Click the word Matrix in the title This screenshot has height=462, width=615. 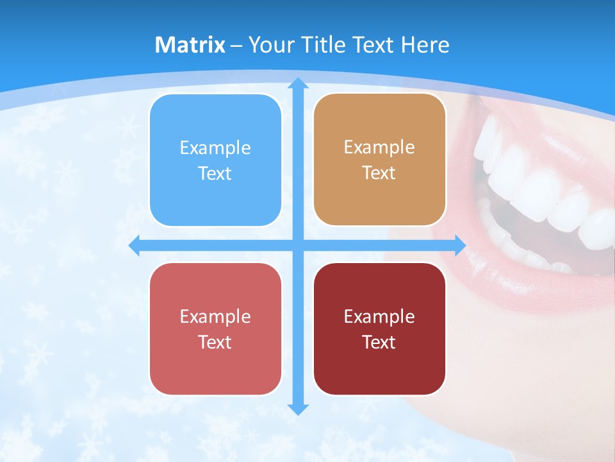coord(190,45)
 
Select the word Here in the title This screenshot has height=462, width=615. coord(425,45)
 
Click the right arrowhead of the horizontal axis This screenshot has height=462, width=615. coord(459,245)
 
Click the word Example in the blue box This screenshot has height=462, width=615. coord(215,148)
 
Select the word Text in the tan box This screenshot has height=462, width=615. coord(379,173)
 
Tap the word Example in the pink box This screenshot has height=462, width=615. coord(215,316)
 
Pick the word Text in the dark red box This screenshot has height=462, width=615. coord(379,342)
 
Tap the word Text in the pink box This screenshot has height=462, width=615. coord(215,342)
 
